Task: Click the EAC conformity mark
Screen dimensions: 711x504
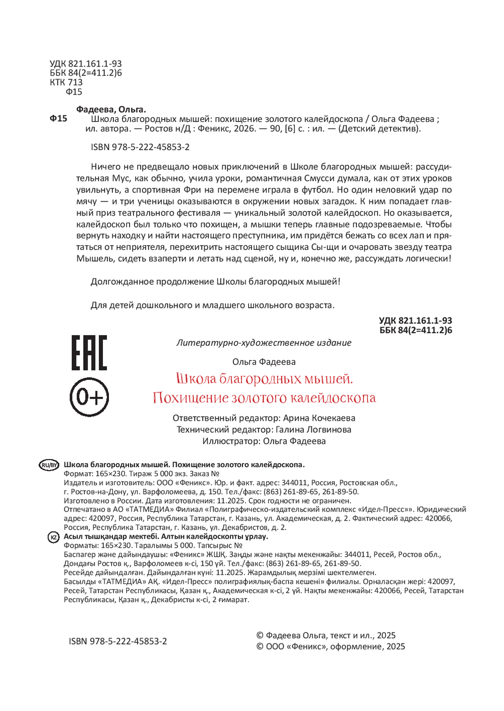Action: pos(89,353)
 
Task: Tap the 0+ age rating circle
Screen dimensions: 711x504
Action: pos(89,398)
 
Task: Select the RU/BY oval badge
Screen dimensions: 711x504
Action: pos(49,465)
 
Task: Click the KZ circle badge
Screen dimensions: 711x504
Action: pos(53,537)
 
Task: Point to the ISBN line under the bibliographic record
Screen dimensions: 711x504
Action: pos(140,147)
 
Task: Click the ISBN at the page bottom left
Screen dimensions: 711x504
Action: pos(118,641)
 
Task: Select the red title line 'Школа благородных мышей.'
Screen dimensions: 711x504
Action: pos(264,379)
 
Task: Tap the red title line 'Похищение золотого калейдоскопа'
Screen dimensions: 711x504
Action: pos(264,398)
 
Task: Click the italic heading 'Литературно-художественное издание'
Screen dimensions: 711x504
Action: pos(264,343)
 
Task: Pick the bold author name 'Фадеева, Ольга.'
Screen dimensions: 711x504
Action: pos(111,109)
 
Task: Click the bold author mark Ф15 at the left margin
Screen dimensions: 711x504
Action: pos(58,119)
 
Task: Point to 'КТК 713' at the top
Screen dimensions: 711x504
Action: pos(66,82)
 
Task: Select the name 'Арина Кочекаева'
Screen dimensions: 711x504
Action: pos(319,418)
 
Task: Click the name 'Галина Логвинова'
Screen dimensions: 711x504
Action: pos(313,430)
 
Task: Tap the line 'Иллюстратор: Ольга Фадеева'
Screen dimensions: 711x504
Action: pos(264,441)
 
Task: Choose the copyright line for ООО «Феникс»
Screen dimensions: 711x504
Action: pos(331,647)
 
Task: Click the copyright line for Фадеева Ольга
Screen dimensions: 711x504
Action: pos(326,635)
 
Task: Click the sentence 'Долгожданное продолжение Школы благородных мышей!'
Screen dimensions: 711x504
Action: pos(215,282)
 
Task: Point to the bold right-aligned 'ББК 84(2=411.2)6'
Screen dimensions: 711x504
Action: pos(416,331)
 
